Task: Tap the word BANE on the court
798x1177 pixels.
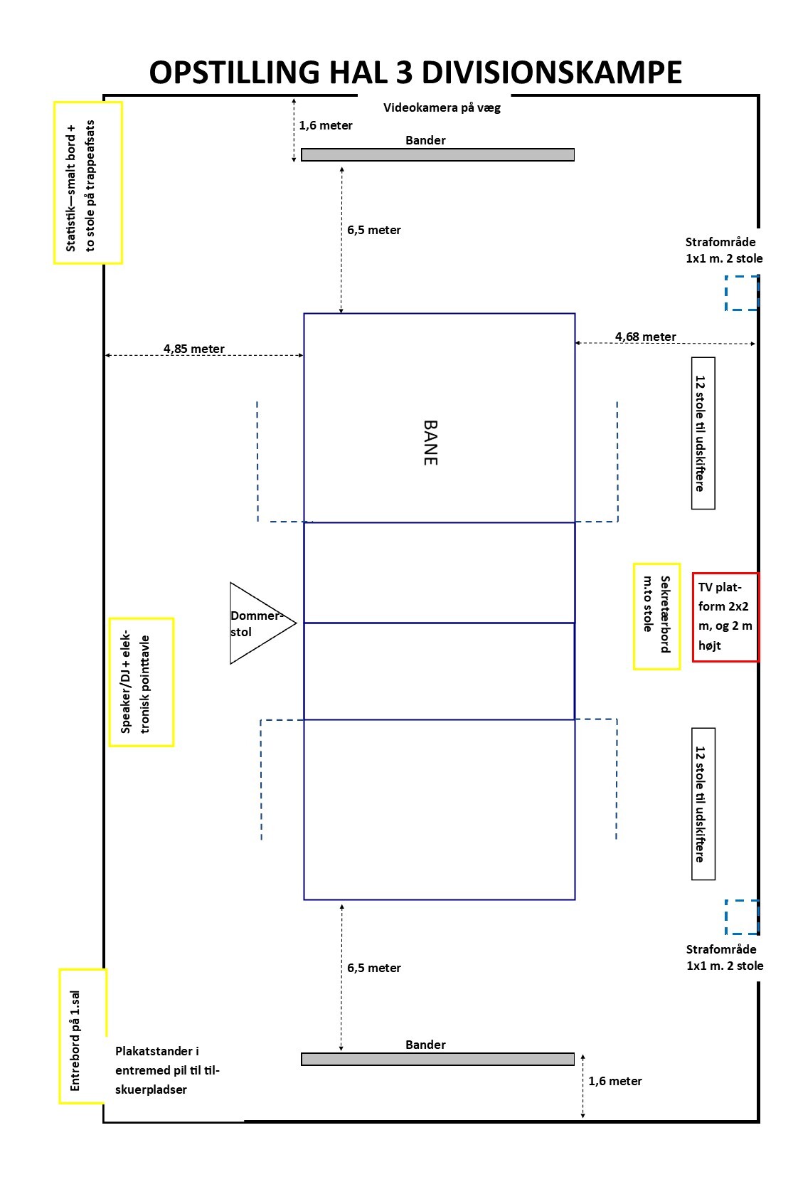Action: (x=430, y=443)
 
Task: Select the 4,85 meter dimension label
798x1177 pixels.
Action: (x=193, y=349)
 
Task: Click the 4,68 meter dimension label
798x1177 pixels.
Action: (x=645, y=337)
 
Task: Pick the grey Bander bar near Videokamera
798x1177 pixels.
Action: (x=437, y=154)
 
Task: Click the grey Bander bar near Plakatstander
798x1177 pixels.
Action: (x=437, y=1060)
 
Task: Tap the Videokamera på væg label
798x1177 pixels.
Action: (x=442, y=107)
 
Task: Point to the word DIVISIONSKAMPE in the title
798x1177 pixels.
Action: (x=552, y=72)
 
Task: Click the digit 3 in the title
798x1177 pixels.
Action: (x=404, y=72)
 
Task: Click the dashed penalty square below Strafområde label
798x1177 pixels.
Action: (x=742, y=292)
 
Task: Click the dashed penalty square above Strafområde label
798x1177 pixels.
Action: (x=742, y=917)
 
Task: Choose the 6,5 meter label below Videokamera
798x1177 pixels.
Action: (x=374, y=230)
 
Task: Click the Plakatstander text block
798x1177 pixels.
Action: (x=167, y=1070)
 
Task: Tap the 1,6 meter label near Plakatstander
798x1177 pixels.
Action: (x=615, y=1081)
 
